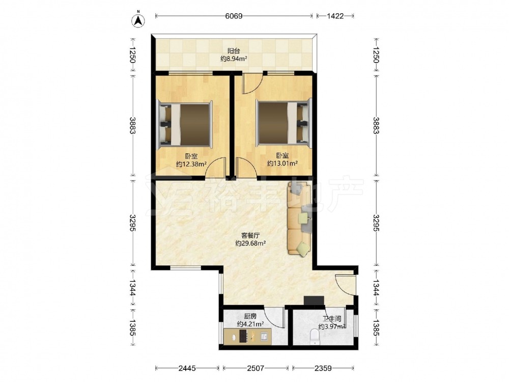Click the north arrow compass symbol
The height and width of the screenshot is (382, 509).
click(138, 19)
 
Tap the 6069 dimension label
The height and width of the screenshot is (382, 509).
click(234, 16)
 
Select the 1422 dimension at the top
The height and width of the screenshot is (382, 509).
click(335, 16)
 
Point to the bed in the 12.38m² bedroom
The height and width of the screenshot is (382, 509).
click(185, 124)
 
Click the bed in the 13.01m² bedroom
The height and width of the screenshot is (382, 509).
click(284, 123)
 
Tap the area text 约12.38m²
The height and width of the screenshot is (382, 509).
click(191, 164)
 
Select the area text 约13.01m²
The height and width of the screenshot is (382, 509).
click(282, 163)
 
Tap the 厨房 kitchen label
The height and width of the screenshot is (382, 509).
click(250, 316)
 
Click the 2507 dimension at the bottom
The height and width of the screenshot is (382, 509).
click(256, 368)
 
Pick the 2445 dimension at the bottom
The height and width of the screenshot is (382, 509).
click(187, 368)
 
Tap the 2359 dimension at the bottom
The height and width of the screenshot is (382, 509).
click(323, 368)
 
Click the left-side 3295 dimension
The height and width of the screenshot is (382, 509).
click(132, 223)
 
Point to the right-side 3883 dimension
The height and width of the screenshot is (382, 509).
click(376, 125)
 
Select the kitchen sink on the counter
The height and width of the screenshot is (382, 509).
click(264, 336)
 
